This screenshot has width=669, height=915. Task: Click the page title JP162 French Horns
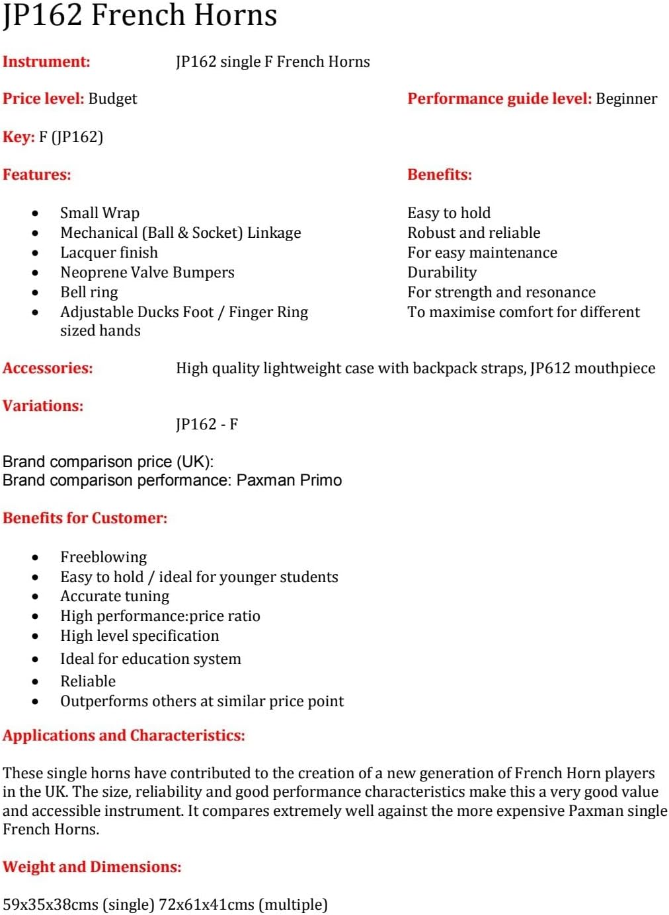[x=139, y=16]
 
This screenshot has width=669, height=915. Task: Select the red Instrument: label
[x=46, y=62]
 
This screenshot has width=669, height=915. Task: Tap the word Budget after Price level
[x=112, y=99]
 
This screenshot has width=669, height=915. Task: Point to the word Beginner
[x=626, y=99]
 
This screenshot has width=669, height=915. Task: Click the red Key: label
[x=19, y=137]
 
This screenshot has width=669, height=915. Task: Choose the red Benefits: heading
[x=440, y=175]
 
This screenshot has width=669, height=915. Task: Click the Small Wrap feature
[x=100, y=213]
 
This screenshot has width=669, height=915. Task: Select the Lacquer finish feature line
[x=109, y=253]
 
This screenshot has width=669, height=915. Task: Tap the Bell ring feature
[x=89, y=293]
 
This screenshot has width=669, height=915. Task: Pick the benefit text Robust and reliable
[x=473, y=233]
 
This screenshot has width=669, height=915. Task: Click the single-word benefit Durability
[x=442, y=273]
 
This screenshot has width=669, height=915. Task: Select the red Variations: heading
[x=43, y=406]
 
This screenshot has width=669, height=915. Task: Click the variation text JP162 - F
[x=207, y=425]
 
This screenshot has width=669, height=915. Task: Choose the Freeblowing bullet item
[x=104, y=558]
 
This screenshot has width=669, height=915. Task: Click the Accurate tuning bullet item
[x=115, y=597]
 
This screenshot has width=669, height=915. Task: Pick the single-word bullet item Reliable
[x=88, y=682]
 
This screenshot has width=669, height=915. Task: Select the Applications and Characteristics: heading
[x=124, y=736]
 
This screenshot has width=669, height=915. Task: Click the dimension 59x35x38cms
[x=50, y=905]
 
